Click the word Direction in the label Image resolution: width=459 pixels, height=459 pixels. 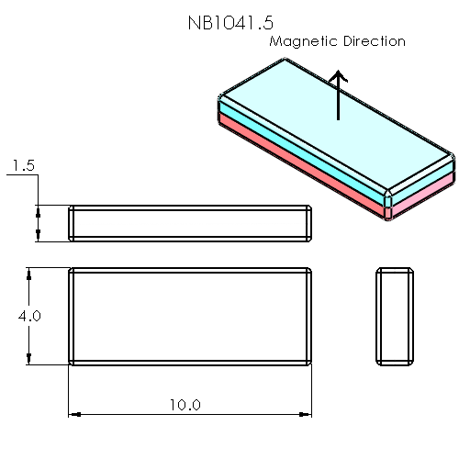372,41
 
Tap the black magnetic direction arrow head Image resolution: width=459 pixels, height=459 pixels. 339,78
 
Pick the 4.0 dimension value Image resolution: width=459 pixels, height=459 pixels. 29,316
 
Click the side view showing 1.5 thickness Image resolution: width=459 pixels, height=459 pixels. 191,223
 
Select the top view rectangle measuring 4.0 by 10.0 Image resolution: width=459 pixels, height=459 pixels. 191,316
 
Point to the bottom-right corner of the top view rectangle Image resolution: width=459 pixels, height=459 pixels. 311,364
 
